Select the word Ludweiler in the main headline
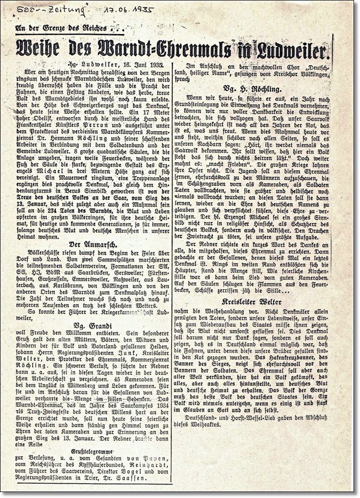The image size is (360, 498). click(291, 50)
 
